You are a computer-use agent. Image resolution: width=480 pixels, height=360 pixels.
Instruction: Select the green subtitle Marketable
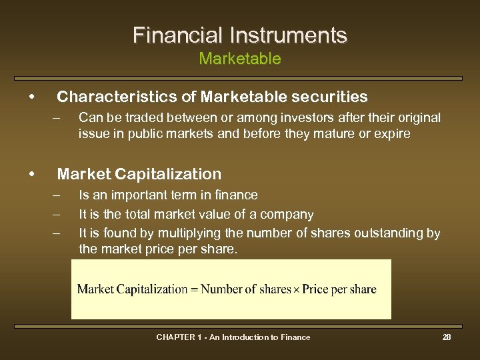tap(240, 59)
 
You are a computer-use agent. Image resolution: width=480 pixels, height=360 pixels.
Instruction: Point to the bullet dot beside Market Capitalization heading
tap(32, 174)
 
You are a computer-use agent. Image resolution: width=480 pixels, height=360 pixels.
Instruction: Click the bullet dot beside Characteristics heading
tap(32, 97)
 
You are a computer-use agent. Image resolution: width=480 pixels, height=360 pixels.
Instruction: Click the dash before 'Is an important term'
tap(57, 195)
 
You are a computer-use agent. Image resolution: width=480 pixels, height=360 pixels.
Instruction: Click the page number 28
tap(447, 337)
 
